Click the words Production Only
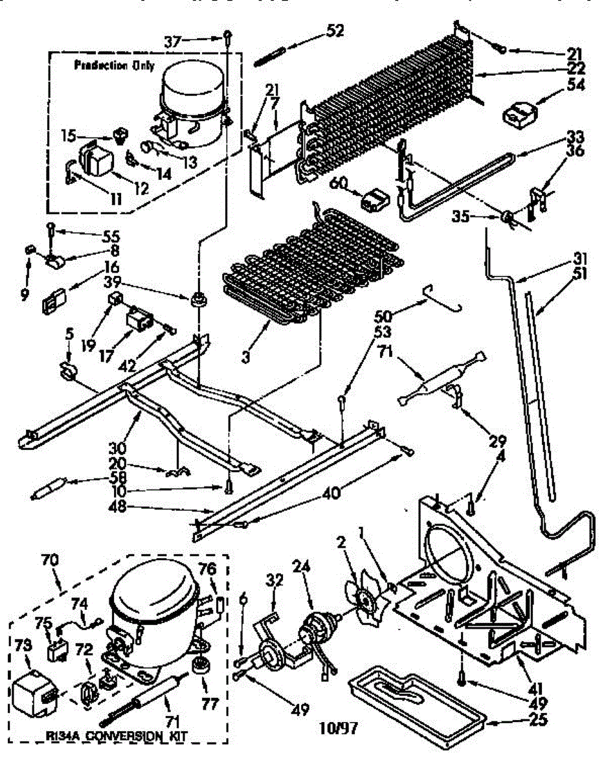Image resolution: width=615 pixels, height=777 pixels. [114, 65]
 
